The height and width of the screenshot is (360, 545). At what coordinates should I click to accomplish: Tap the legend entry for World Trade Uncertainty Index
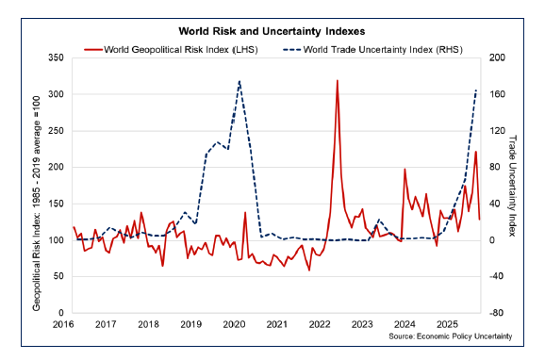383,48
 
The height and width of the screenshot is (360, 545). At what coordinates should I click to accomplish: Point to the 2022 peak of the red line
337,81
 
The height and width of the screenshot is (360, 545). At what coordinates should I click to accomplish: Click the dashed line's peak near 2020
239,81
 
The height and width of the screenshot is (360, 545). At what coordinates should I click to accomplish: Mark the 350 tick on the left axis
55,58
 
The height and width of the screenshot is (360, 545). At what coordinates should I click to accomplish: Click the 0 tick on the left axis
59,312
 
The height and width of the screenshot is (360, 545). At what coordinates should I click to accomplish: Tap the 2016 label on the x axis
63,324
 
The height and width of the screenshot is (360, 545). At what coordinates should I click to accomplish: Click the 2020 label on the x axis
234,324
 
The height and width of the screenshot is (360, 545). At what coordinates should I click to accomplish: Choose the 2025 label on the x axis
447,324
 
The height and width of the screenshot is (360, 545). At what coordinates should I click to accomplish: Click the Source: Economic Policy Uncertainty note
450,335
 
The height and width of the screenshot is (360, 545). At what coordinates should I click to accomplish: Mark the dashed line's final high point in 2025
476,90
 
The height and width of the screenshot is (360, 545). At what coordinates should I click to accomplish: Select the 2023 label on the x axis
361,324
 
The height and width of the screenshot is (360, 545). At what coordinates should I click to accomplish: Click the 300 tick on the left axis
55,95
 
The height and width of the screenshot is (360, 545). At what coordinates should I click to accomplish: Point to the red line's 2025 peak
475,152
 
